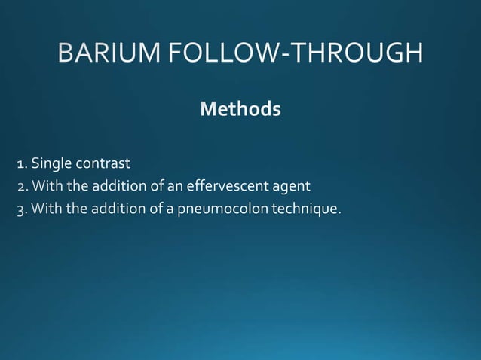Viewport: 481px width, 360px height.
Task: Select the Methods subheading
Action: (240, 110)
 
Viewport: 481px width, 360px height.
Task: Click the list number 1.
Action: (21, 163)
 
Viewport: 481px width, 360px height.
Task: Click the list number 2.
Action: (21, 185)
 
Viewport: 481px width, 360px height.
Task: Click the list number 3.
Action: (21, 208)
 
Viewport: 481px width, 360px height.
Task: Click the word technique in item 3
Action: (304, 208)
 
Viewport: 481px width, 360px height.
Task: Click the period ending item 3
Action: (340, 212)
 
